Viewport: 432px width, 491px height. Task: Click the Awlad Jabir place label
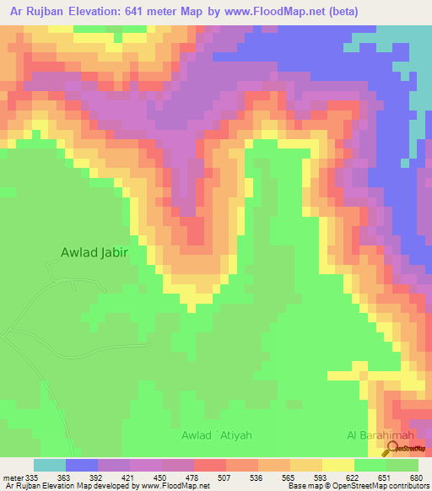pyautogui.click(x=100, y=251)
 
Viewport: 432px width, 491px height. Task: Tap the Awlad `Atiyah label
pyautogui.click(x=217, y=435)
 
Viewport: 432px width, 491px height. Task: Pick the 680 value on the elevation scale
pyautogui.click(x=415, y=477)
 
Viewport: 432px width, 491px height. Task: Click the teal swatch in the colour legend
pyautogui.click(x=49, y=465)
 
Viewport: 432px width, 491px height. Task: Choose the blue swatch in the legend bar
pyautogui.click(x=81, y=465)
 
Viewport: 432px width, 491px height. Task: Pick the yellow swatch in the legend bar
pyautogui.click(x=337, y=465)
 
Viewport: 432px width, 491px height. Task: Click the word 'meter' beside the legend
pyautogui.click(x=13, y=477)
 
